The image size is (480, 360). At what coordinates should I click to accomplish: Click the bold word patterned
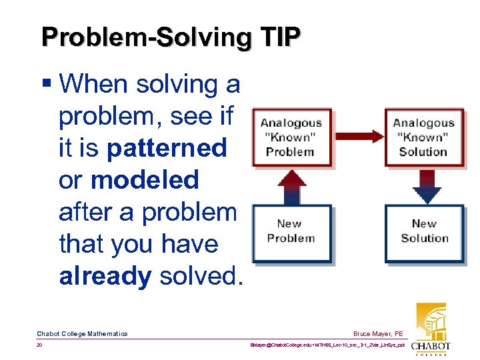coord(167,148)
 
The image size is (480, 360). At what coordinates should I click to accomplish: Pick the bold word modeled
coord(145,180)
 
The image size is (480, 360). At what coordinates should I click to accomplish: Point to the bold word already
coord(105,276)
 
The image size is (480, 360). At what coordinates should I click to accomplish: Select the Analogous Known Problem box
coord(291,137)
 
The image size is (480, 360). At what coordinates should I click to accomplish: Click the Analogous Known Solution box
coord(423,137)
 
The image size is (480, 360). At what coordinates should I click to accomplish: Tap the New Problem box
coord(291,231)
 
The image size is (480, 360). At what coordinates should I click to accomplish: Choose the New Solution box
coord(423,231)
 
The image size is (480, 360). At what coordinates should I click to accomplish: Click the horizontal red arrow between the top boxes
coord(357,137)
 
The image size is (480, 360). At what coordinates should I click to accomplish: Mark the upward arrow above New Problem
coord(291,185)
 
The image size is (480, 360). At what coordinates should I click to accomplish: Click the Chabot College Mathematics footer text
coord(82,333)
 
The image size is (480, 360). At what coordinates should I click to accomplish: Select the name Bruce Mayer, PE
coord(379,333)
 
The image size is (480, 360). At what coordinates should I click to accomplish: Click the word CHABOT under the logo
coord(431,346)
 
